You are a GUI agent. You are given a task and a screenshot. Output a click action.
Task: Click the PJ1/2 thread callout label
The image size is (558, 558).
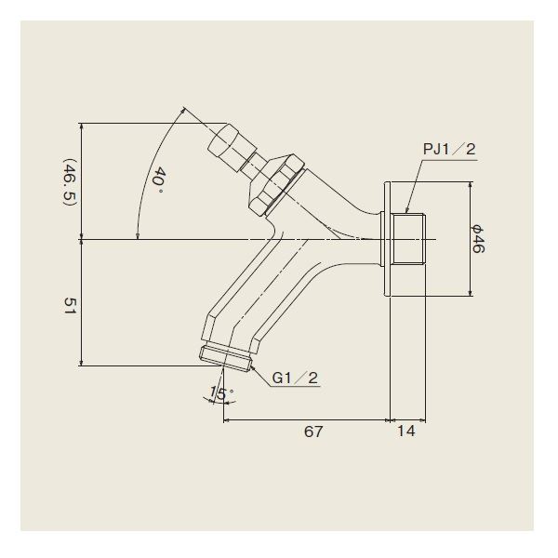[449, 149]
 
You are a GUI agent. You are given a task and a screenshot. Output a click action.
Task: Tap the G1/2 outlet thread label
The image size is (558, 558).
[295, 378]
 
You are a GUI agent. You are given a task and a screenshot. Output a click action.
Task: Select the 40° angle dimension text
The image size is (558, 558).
[158, 180]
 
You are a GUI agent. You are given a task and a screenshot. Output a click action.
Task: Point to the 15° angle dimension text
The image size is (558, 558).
[221, 393]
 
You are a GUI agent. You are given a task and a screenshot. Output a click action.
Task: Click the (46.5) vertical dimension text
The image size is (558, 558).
[70, 182]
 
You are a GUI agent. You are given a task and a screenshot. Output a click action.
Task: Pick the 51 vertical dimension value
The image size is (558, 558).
[70, 308]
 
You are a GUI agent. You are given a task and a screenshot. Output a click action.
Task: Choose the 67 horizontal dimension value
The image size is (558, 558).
[313, 432]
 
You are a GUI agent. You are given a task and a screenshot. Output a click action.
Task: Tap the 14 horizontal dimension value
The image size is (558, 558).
[406, 431]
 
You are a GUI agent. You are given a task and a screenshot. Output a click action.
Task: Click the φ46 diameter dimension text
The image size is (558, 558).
[478, 238]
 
